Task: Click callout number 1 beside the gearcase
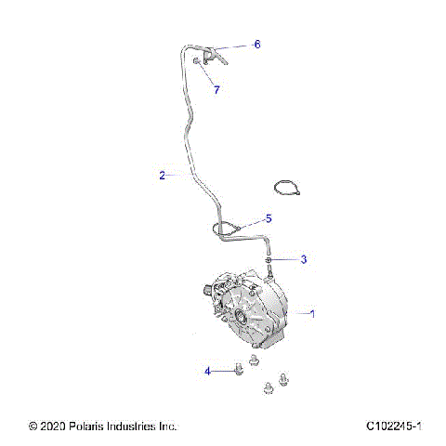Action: [x=312, y=314]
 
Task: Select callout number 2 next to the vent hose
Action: [x=162, y=175]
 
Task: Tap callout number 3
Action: [x=303, y=259]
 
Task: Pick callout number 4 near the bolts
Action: [x=208, y=371]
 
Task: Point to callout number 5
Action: [x=269, y=218]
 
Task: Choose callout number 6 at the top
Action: [x=257, y=44]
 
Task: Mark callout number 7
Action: [x=216, y=90]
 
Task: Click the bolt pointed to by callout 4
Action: [x=238, y=370]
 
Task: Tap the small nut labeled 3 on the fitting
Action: [x=269, y=260]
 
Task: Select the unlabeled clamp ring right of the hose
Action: [x=288, y=188]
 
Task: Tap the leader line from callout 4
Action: [x=222, y=371]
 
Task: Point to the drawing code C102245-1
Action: [x=394, y=426]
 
